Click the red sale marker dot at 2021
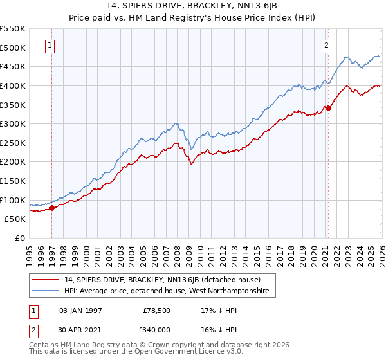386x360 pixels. click(328, 108)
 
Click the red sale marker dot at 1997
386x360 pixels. click(52, 207)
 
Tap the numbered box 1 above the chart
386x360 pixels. click(50, 45)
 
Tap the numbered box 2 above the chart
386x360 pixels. click(327, 45)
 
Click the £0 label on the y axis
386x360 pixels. click(19, 238)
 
